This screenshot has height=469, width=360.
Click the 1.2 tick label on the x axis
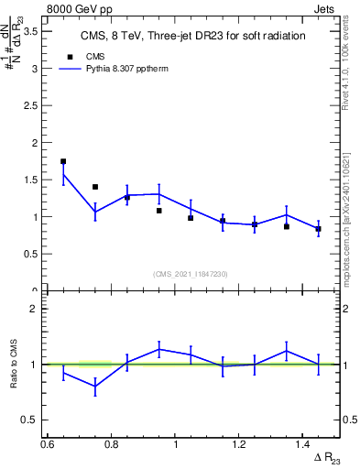coord(240,444)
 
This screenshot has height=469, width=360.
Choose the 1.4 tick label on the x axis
coord(304,444)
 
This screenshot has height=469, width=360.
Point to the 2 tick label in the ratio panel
coord(35,309)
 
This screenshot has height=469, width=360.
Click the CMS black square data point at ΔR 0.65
coord(63,161)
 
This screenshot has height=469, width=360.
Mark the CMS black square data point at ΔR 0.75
coord(95,187)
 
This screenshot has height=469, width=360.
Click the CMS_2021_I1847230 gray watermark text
coord(191,273)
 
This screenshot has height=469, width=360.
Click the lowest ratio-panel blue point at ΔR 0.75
coord(95,387)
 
